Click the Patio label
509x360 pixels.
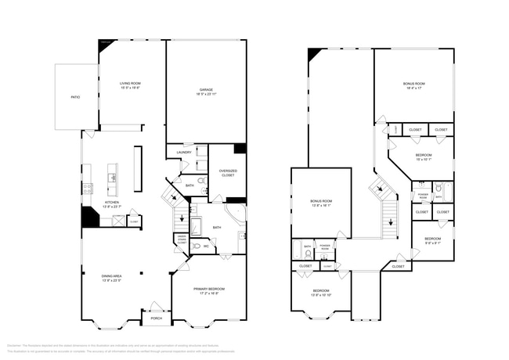[75, 97]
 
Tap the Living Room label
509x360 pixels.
[130, 85]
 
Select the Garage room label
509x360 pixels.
[205, 92]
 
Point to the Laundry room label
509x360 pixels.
[184, 152]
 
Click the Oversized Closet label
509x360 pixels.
[228, 174]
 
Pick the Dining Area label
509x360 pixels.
[111, 278]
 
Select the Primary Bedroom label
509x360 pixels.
[208, 291]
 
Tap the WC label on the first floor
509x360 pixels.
[205, 246]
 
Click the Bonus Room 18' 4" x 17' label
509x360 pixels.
[413, 85]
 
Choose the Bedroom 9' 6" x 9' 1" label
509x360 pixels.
[432, 240]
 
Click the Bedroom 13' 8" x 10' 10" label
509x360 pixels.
[322, 293]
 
